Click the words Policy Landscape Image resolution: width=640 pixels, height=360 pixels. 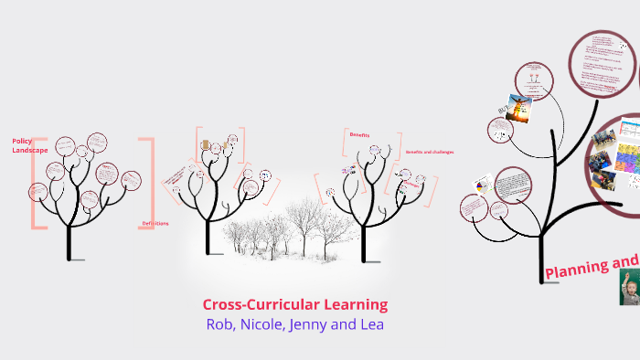coord(23,145)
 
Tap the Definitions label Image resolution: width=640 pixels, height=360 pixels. coord(155,224)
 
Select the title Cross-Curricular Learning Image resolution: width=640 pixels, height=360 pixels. coord(294,304)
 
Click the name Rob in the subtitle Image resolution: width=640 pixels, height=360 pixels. coord(220,324)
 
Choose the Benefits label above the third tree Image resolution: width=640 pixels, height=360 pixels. coord(359,134)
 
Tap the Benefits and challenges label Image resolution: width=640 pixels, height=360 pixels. coord(429,152)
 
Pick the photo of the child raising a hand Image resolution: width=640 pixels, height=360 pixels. coord(629,288)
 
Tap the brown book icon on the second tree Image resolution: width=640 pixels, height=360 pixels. coord(206,145)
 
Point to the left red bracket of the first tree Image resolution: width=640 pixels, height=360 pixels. coord(35,183)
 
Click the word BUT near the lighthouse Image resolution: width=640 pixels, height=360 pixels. coord(502,111)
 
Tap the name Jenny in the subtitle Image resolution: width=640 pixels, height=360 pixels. coord(317,324)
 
